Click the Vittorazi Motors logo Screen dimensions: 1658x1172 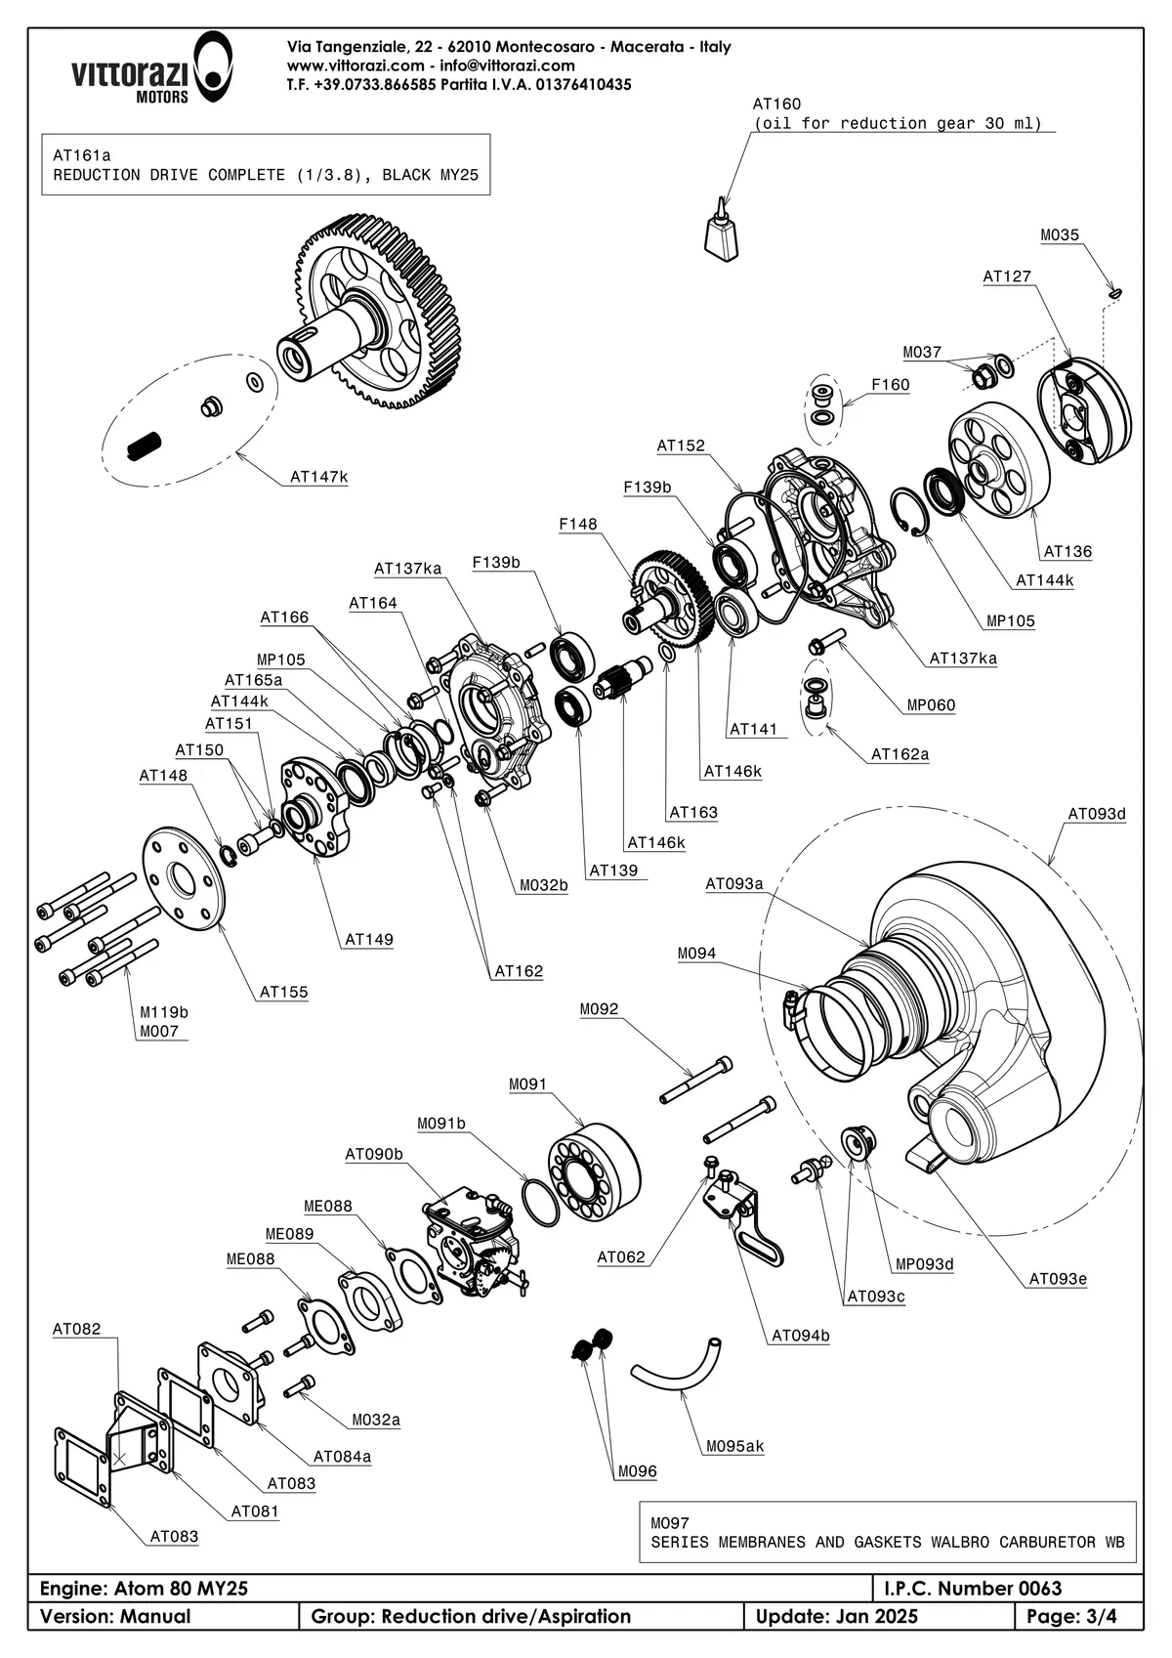[x=150, y=67]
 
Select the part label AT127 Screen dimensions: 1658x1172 [x=1006, y=276]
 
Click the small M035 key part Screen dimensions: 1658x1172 [x=1114, y=290]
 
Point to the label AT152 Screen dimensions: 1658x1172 [x=680, y=446]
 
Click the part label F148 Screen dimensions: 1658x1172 [x=577, y=525]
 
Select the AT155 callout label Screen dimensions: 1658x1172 [x=283, y=993]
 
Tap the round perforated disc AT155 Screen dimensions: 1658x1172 [x=184, y=879]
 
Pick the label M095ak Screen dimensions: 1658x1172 [x=734, y=1446]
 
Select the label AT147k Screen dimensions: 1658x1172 [x=318, y=478]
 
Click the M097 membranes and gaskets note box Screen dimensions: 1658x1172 [x=887, y=1532]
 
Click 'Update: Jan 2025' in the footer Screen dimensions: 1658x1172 [x=836, y=1617]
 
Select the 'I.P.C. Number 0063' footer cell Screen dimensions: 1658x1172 [x=1007, y=1588]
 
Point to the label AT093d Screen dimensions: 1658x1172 [x=1096, y=814]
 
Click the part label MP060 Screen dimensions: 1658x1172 [x=931, y=705]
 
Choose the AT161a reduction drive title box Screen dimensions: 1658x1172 [x=266, y=165]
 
